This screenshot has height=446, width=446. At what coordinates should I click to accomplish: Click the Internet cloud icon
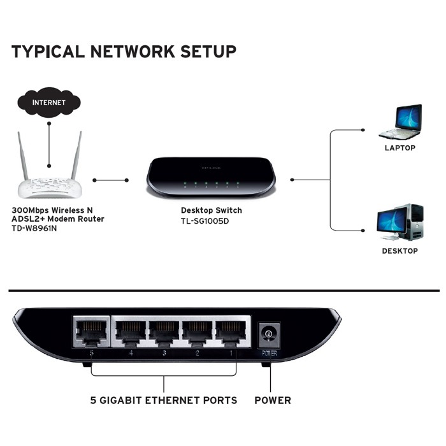(49, 101)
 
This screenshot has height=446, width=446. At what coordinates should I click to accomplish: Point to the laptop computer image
(400, 122)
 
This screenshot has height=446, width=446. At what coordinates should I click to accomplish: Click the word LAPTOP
(400, 148)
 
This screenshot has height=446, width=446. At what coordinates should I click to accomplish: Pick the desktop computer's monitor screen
(390, 220)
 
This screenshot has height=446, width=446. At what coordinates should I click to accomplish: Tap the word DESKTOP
(400, 251)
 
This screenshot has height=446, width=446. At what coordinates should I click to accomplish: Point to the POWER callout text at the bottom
(273, 401)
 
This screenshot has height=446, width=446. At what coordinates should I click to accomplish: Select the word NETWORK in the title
(124, 52)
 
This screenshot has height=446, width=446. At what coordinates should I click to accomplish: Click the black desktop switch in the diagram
(211, 175)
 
